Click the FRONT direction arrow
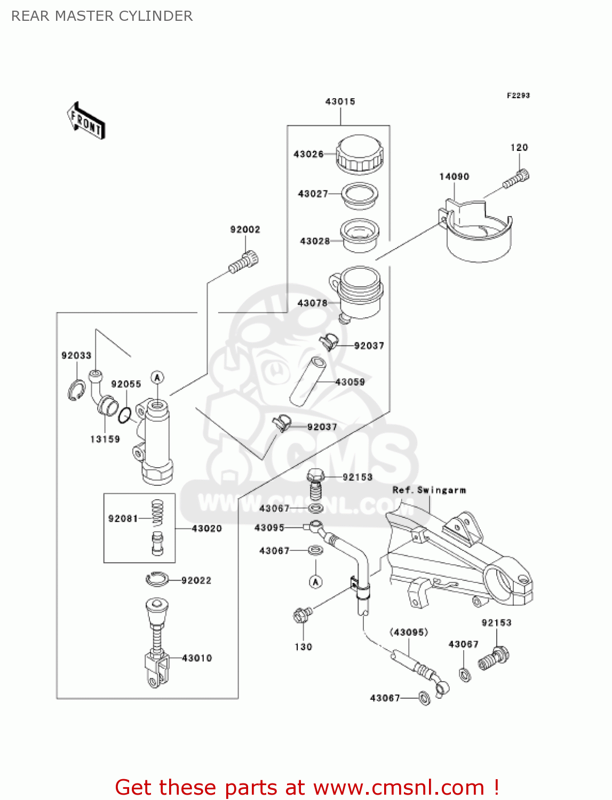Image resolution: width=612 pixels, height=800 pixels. [x=85, y=121]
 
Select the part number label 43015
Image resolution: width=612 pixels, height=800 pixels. [x=340, y=101]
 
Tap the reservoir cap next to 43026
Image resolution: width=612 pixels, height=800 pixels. [x=360, y=154]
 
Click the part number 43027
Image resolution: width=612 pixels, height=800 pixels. [x=313, y=194]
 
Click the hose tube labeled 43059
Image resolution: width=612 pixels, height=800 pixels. [x=308, y=382]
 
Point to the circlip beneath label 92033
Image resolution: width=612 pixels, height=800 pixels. [x=76, y=390]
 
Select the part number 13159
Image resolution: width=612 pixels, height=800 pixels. [x=105, y=439]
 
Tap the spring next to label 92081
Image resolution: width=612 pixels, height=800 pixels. [x=157, y=513]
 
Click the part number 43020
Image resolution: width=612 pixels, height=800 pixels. [x=206, y=529]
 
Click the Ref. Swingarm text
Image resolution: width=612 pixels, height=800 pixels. [x=429, y=490]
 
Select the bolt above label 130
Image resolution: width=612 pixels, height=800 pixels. [x=301, y=615]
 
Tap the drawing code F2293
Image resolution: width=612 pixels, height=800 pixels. [x=518, y=95]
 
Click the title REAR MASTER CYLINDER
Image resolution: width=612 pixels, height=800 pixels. [x=102, y=16]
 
